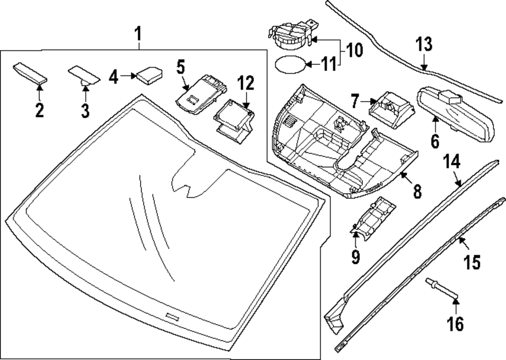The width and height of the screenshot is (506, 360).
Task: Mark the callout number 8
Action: tap(417, 191)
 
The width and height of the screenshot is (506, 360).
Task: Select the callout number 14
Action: tap(451, 162)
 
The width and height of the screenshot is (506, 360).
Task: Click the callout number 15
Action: tap(473, 261)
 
